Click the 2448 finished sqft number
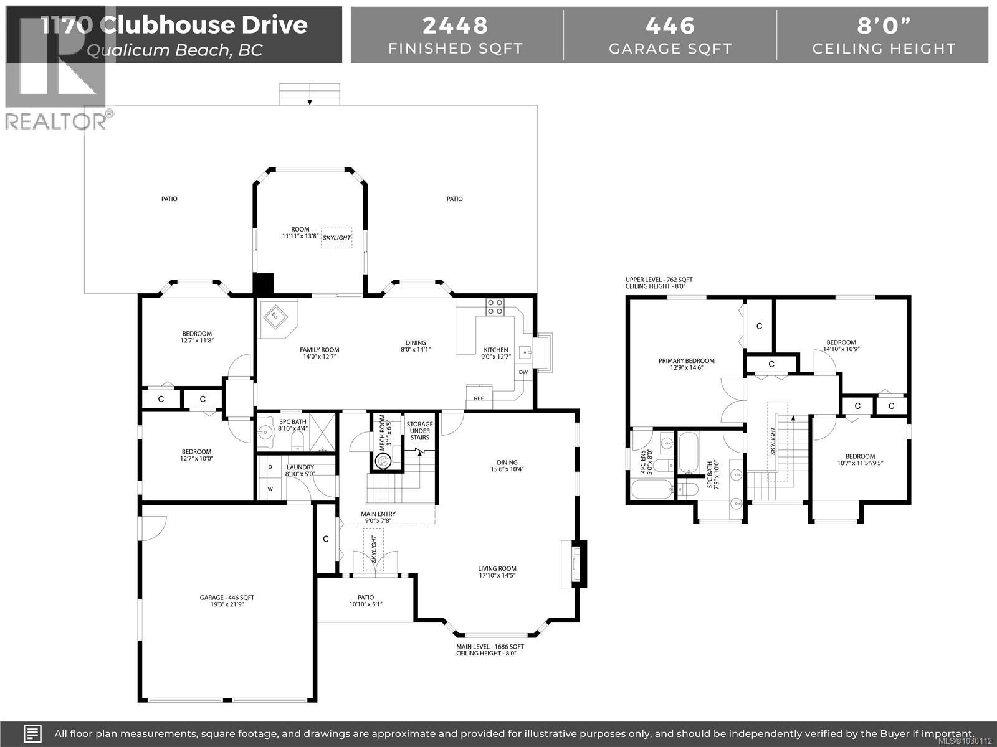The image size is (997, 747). (456, 26)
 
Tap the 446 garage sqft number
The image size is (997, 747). (670, 26)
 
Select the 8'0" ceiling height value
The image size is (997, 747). (884, 26)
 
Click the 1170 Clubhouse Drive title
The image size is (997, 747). (174, 25)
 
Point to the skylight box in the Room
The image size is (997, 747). (336, 238)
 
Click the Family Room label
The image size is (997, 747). (320, 350)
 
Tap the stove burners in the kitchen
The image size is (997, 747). (495, 306)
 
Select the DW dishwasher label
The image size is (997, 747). (523, 372)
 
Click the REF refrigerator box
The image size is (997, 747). (479, 398)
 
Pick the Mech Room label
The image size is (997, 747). (386, 433)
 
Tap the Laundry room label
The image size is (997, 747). (300, 471)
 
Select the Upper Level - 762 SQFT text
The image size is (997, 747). (659, 280)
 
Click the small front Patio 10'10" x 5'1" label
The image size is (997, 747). (365, 599)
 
